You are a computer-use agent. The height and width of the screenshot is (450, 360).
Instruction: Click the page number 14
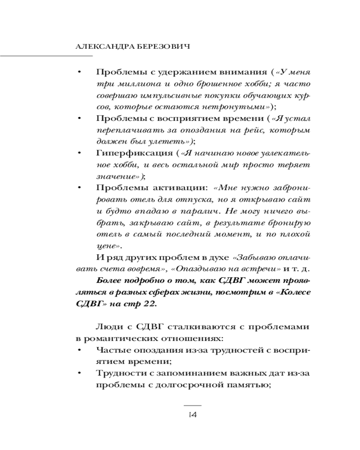(x=193, y=414)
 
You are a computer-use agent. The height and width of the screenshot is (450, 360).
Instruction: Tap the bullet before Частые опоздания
(x=79, y=350)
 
